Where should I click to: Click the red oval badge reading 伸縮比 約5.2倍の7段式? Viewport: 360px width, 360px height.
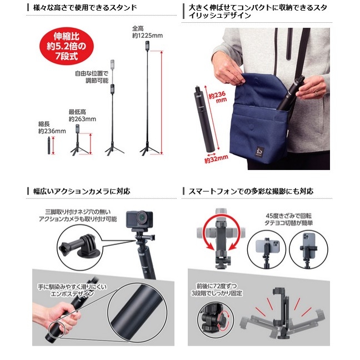pyautogui.click(x=67, y=46)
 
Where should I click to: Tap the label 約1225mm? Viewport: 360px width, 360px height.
pyautogui.click(x=147, y=36)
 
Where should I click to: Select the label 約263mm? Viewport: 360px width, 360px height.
pyautogui.click(x=82, y=119)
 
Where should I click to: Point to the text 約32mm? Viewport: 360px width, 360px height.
pyautogui.click(x=216, y=159)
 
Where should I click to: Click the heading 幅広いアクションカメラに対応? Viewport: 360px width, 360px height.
pyautogui.click(x=82, y=191)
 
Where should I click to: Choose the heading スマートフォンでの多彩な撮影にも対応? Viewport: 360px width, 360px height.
pyautogui.click(x=251, y=191)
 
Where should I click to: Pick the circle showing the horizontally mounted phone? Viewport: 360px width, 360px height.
pyautogui.click(x=267, y=249)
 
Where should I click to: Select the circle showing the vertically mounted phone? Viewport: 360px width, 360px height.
pyautogui.click(x=308, y=249)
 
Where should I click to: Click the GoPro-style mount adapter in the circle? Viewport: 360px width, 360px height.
pyautogui.click(x=80, y=245)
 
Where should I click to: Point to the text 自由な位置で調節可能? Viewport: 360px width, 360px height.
pyautogui.click(x=92, y=77)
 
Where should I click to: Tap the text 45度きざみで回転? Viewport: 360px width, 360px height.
pyautogui.click(x=288, y=216)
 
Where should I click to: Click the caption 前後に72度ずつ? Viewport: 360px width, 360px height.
pyautogui.click(x=217, y=286)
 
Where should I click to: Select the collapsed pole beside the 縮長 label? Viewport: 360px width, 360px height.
pyautogui.click(x=49, y=146)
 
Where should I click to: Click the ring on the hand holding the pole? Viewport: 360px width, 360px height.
pyautogui.click(x=316, y=93)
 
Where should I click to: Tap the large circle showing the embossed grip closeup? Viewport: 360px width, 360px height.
pyautogui.click(x=138, y=312)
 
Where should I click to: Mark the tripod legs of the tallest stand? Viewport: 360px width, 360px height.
pyautogui.click(x=149, y=149)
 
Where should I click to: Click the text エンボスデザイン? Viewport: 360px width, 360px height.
pyautogui.click(x=72, y=294)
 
